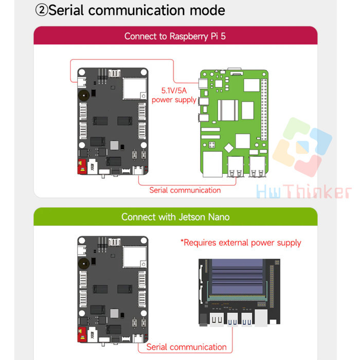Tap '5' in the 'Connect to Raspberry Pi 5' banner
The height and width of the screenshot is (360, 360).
click(x=236, y=37)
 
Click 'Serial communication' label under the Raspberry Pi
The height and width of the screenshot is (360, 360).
click(x=185, y=190)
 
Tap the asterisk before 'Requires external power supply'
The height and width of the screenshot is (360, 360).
click(x=182, y=242)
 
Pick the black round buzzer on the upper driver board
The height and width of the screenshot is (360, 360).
click(x=82, y=95)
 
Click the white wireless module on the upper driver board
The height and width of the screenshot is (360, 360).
click(x=131, y=88)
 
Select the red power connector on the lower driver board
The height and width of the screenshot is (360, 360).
click(x=81, y=337)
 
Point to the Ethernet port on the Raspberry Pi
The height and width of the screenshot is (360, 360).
click(x=210, y=165)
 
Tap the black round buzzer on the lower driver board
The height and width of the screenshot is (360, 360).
click(x=82, y=264)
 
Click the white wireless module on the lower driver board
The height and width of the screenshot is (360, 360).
click(x=131, y=257)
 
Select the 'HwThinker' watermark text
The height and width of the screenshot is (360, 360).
click(x=303, y=192)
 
